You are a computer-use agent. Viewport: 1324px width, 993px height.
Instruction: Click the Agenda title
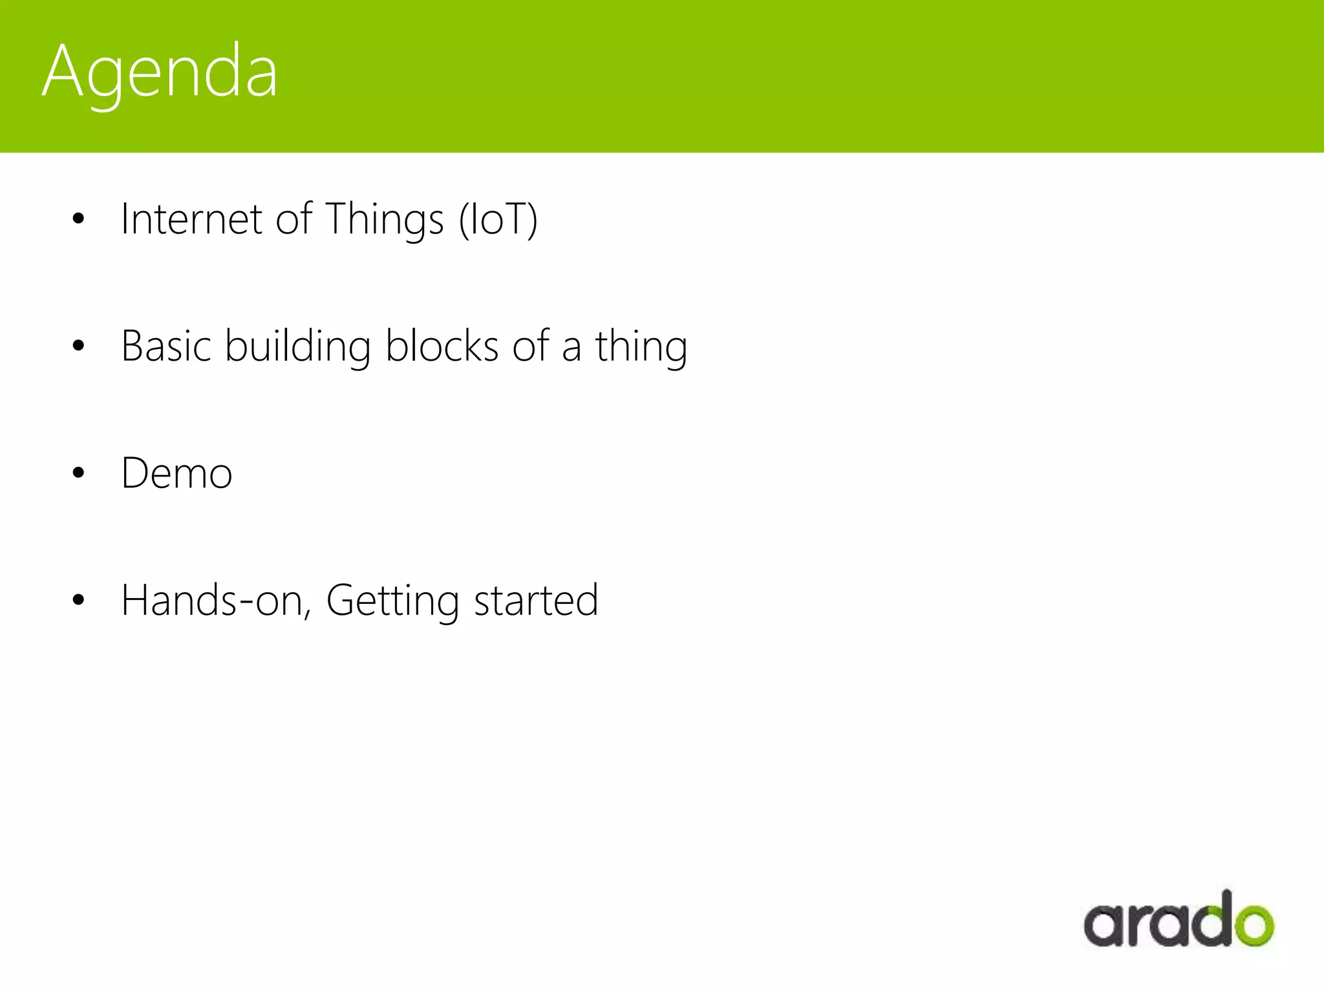coord(160,71)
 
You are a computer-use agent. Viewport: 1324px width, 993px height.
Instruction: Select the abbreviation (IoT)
coord(498,220)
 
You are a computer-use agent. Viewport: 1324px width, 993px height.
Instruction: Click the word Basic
coord(166,346)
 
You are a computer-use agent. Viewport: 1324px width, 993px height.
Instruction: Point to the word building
coord(297,346)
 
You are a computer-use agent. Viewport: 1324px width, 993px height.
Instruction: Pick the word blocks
coord(442,346)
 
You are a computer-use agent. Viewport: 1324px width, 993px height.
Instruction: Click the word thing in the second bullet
coord(641,347)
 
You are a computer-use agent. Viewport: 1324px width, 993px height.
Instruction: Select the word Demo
coord(176,473)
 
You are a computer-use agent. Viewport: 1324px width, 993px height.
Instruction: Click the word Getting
coord(392,601)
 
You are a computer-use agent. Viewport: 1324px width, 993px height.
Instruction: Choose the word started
coord(536,601)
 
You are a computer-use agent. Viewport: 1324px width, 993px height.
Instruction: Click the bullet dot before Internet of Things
coord(78,219)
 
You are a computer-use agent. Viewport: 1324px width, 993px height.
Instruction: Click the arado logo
coord(1179,921)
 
